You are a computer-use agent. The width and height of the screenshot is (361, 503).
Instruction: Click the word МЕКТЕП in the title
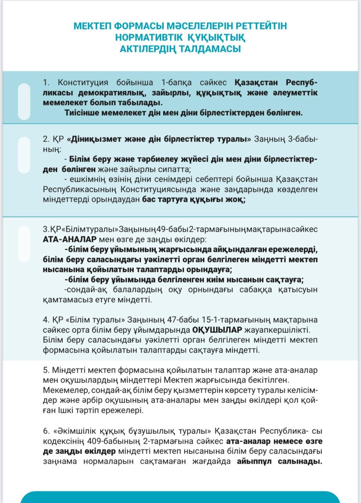pos(91,26)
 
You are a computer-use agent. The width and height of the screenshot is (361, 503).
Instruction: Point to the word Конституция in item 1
pos(83,83)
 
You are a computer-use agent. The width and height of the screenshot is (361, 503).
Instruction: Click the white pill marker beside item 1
pos(24,101)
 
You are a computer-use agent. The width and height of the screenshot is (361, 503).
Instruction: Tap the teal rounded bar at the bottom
pos(180,497)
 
